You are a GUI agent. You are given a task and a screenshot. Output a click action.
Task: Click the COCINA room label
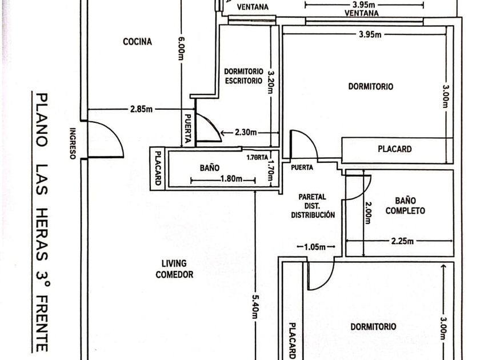(x=138, y=42)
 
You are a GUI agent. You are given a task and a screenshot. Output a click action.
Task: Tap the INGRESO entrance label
(x=73, y=143)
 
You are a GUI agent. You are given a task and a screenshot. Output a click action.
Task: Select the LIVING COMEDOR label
(x=174, y=269)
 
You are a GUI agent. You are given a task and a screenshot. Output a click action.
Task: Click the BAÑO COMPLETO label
(x=405, y=206)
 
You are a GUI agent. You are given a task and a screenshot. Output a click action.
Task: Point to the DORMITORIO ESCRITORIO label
(x=243, y=76)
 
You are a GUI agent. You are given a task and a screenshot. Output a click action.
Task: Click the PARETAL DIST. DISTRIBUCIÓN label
(x=313, y=206)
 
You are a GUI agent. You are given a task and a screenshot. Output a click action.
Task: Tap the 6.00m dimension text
(x=181, y=49)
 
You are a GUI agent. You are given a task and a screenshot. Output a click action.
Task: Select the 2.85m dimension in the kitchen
(x=141, y=109)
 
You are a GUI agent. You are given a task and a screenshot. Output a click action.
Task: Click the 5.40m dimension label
(x=255, y=306)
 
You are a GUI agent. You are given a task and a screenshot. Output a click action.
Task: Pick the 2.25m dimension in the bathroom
(x=402, y=241)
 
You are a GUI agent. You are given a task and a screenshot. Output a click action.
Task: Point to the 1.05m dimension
(x=315, y=247)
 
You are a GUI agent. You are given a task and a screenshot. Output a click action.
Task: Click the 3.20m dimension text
(x=271, y=82)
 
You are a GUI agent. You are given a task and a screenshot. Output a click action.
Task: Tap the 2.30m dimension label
(x=246, y=133)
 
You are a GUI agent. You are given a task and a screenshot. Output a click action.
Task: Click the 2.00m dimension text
(x=367, y=213)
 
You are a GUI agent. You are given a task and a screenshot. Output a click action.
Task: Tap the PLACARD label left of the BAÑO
(x=158, y=168)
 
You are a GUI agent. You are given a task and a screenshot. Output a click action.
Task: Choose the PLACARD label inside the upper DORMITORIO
(x=395, y=149)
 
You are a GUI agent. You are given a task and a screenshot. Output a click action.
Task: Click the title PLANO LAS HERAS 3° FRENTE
(x=42, y=222)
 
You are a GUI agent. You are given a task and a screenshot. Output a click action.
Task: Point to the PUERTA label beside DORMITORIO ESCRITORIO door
(x=188, y=129)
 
